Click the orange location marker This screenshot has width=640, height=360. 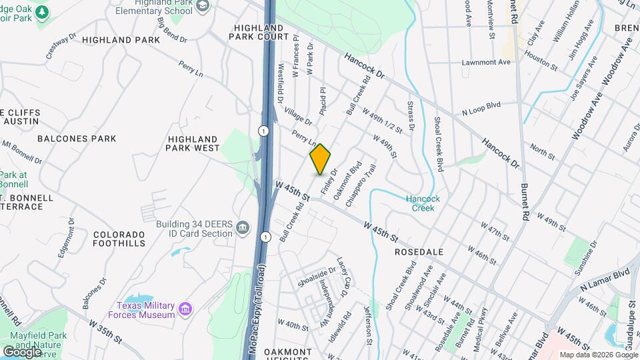click(x=320, y=159)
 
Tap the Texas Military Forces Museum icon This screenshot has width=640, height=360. click(x=186, y=309)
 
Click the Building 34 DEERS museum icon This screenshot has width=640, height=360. click(x=243, y=229)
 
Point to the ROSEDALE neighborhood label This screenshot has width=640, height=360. click(x=419, y=253)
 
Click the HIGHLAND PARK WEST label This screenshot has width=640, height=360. click(x=193, y=143)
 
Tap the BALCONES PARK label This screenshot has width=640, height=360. click(x=77, y=139)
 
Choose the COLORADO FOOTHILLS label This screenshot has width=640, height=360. click(x=119, y=239)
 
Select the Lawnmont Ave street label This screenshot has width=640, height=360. click(x=487, y=62)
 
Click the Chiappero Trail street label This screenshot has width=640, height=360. click(x=361, y=185)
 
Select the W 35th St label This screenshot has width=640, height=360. click(x=106, y=330)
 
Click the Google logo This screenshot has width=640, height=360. click(x=21, y=351)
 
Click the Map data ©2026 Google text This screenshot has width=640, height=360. click(x=599, y=355)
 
